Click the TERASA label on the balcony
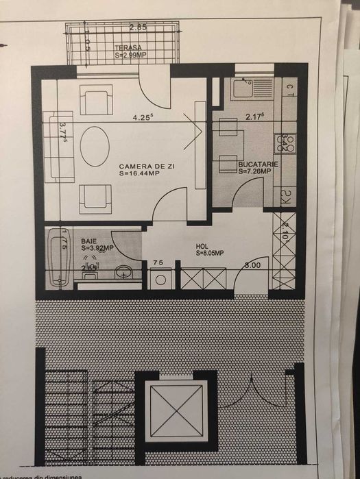click(x=129, y=47)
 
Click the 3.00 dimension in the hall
click(x=252, y=264)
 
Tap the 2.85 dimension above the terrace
click(x=138, y=28)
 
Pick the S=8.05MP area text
click(x=210, y=253)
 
